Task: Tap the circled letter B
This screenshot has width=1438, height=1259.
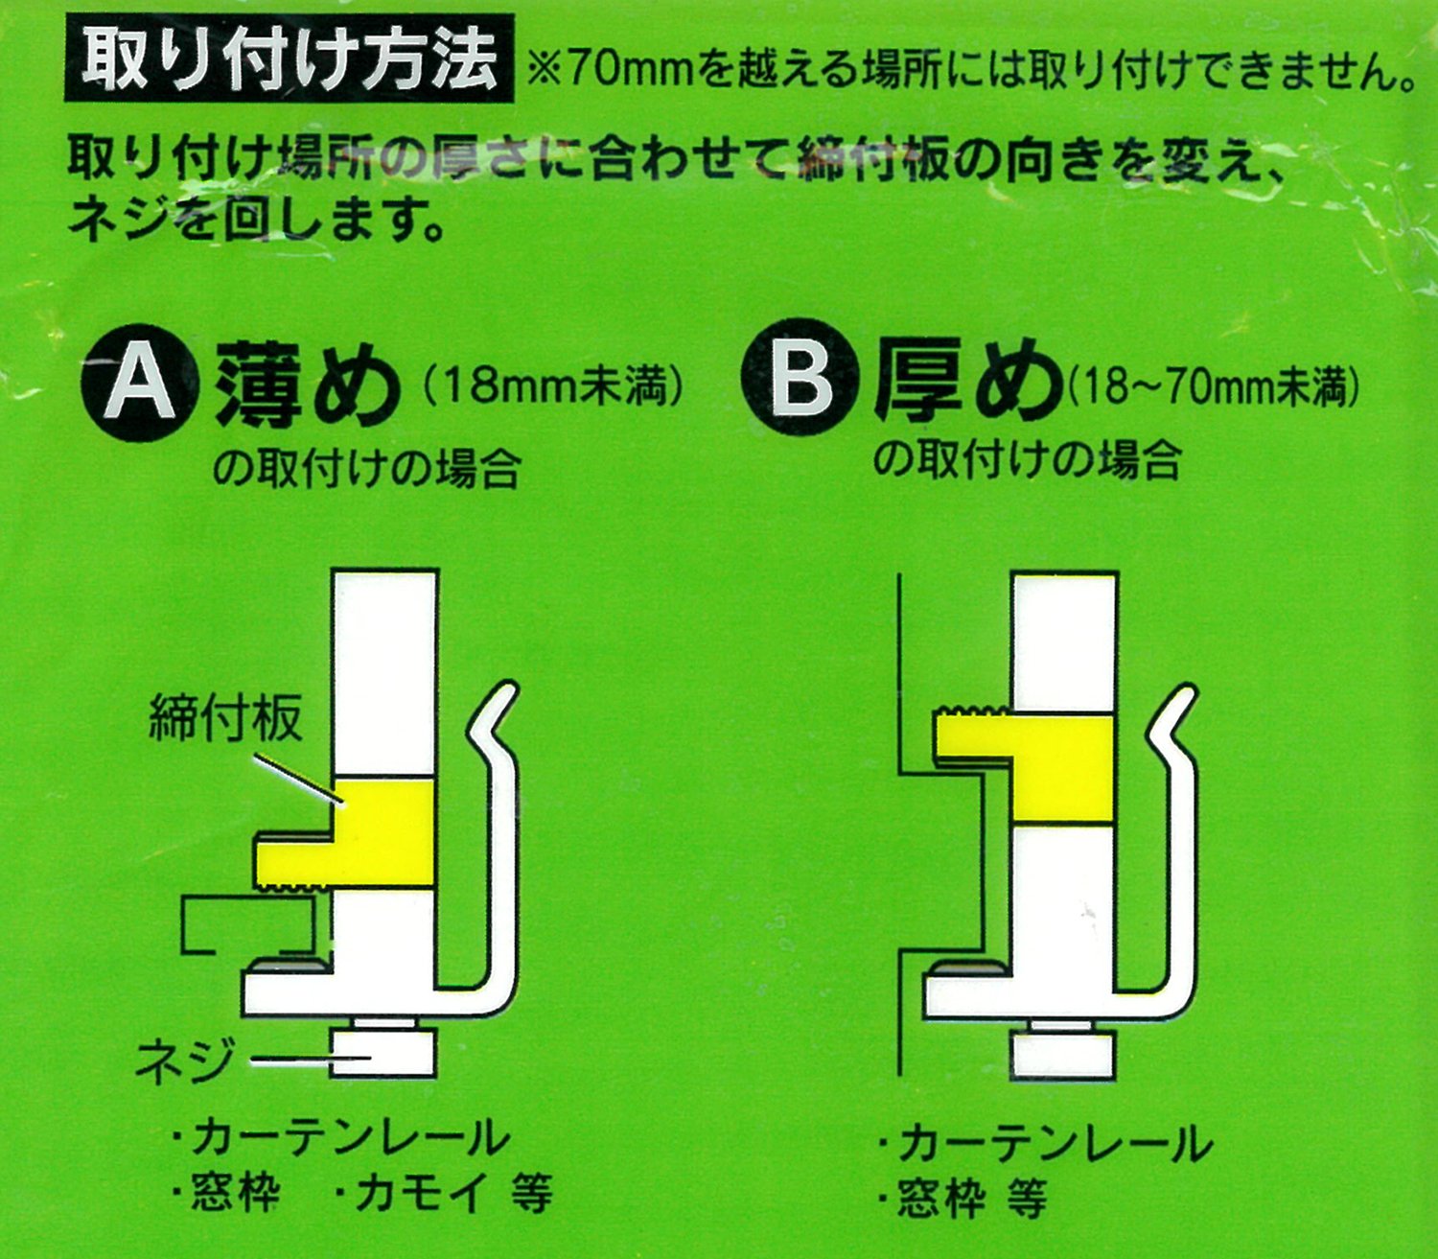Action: pyautogui.click(x=800, y=384)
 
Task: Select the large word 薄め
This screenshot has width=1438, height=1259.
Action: pyautogui.click(x=303, y=384)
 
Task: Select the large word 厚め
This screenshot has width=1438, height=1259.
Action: pyautogui.click(x=965, y=385)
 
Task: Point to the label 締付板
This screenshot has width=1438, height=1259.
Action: pyautogui.click(x=225, y=717)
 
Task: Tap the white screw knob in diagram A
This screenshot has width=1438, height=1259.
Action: pyautogui.click(x=383, y=1052)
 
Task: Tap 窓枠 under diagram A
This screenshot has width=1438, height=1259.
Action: pyautogui.click(x=236, y=1192)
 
